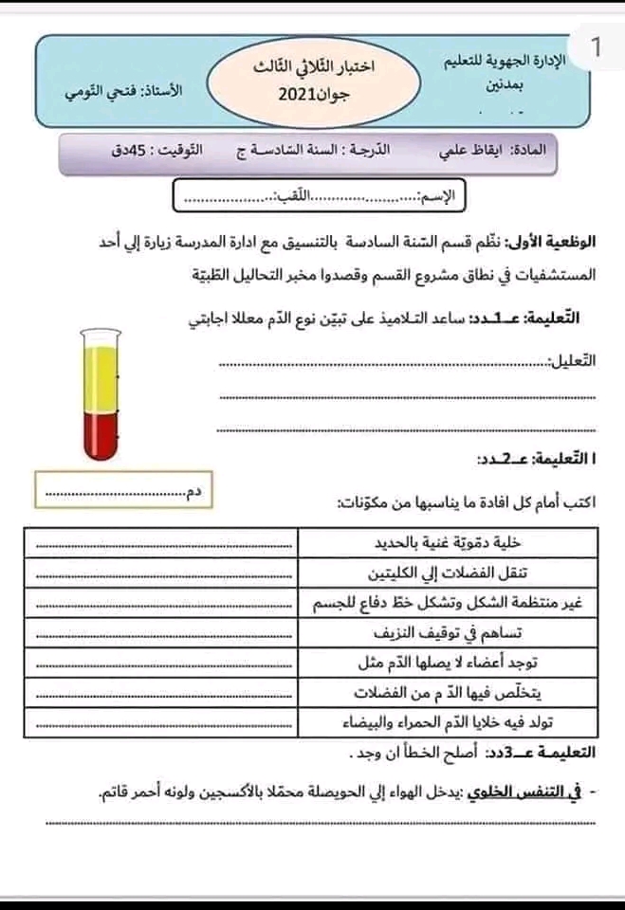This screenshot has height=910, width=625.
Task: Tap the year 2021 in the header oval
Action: tap(302, 96)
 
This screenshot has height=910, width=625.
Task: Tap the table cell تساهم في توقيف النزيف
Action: tap(450, 633)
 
